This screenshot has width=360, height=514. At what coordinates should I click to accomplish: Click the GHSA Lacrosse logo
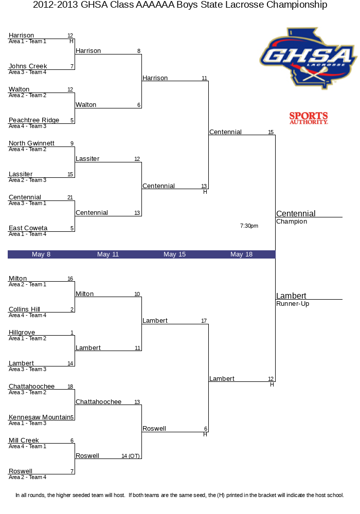pos(308,59)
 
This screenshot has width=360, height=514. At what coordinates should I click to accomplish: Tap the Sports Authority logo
pos(309,118)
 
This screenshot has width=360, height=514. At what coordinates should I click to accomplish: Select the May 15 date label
pos(174,254)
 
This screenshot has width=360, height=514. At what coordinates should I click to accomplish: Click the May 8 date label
pos(41,254)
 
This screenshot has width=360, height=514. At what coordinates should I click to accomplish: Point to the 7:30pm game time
pos(249,226)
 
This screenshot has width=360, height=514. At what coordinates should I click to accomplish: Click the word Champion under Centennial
pos(292,222)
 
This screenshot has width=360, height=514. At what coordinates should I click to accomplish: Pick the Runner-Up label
pos(293,304)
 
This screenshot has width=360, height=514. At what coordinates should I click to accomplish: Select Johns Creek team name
pos(28,66)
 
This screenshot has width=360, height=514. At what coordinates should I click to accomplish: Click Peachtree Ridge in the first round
pos(34,120)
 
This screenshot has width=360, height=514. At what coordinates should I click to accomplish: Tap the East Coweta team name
pos(28,228)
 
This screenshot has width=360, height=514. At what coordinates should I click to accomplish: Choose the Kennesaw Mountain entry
pos(40,417)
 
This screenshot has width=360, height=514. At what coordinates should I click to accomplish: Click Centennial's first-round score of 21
pos(70,197)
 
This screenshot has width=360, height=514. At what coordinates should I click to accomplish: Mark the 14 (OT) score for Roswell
pos(131,456)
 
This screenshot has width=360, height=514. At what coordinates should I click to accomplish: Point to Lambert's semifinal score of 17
pos(204,321)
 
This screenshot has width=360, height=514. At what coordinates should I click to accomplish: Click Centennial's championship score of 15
pos(271,132)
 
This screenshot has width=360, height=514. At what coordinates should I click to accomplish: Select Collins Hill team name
pos(24,309)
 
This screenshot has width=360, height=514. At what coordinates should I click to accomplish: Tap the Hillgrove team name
pos(22,333)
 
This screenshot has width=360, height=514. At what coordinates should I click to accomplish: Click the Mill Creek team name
pos(24,440)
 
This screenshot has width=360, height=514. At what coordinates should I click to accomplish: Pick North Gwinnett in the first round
pos(31,143)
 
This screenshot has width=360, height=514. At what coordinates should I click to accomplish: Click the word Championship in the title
pos(297,5)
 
